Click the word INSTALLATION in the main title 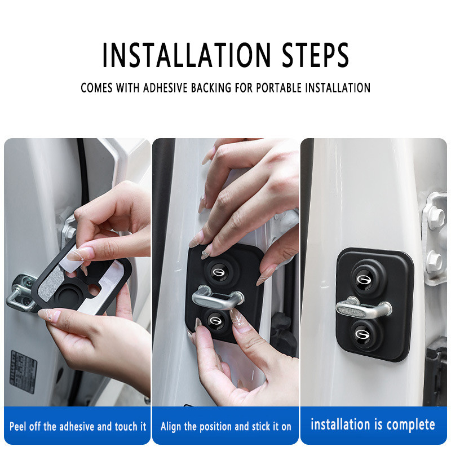pos(187,55)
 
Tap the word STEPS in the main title pos(315,55)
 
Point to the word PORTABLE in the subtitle pos(279,88)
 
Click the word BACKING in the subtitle pos(211,88)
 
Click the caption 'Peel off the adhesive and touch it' pos(78,426)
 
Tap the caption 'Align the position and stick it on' pos(226,426)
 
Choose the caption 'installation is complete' pos(373,425)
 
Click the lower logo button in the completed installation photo pos(364,334)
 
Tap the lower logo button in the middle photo pos(216,320)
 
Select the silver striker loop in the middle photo pos(218,298)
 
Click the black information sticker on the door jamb pos(24,372)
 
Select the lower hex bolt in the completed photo pos(434,261)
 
